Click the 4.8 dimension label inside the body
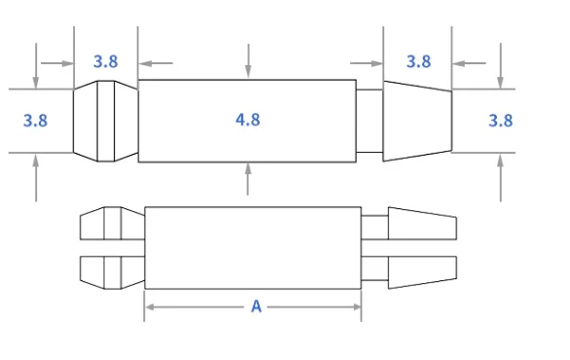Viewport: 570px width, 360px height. [x=248, y=120]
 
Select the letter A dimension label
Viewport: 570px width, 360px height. [x=256, y=306]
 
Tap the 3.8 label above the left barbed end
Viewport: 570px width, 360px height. [x=106, y=61]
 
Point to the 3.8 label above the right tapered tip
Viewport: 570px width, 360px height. [x=418, y=61]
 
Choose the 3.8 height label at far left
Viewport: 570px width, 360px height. [x=35, y=121]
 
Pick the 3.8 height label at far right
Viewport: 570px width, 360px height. [x=500, y=121]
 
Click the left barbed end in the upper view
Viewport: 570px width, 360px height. [x=105, y=121]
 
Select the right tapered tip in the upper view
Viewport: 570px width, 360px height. [x=417, y=121]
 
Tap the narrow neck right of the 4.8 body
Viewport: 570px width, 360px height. [x=370, y=121]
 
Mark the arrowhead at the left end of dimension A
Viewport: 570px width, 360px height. [x=150, y=306]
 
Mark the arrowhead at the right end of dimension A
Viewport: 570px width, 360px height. [x=356, y=306]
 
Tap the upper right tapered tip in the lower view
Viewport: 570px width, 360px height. [x=421, y=225]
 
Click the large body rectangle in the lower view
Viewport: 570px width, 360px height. [x=253, y=247]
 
